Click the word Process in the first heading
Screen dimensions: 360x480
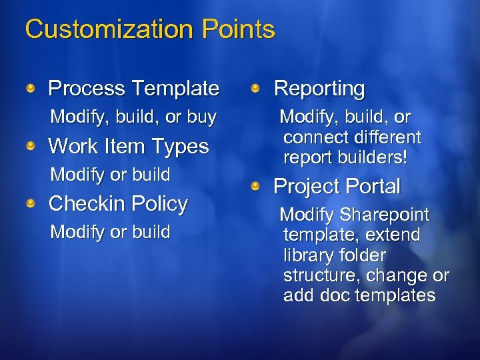point(87,88)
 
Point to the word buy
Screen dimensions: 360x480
point(201,117)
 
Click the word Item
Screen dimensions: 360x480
point(129,146)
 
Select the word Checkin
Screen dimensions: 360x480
point(87,203)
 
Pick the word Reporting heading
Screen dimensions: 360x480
point(319,88)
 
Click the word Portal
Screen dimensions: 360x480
point(373,187)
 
